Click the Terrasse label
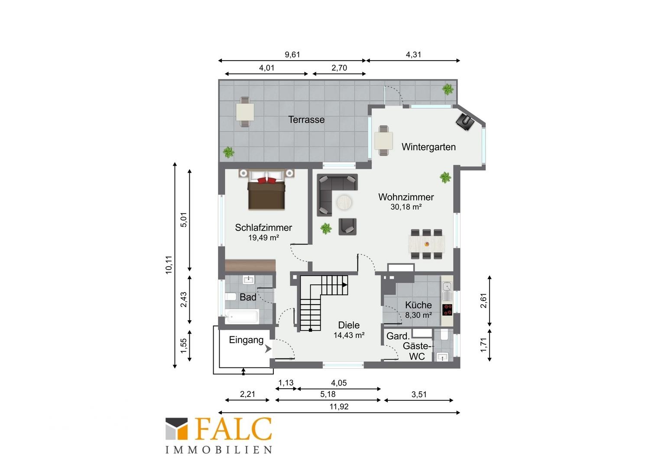point(306,120)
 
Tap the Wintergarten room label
point(428,147)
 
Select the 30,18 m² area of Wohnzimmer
point(406,207)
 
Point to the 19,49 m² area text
point(263,238)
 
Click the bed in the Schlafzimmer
point(266,190)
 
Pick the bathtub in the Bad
point(242,317)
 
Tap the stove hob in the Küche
point(448,310)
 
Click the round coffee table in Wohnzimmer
point(344,203)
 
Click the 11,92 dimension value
point(339,407)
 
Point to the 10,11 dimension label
point(169,265)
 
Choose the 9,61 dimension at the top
point(292,55)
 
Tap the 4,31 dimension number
point(413,55)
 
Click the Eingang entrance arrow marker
point(268,349)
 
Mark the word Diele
point(349,325)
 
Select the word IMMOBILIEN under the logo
point(219,450)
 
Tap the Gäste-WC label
point(417,351)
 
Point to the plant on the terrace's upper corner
point(448,89)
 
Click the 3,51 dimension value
point(419,394)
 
